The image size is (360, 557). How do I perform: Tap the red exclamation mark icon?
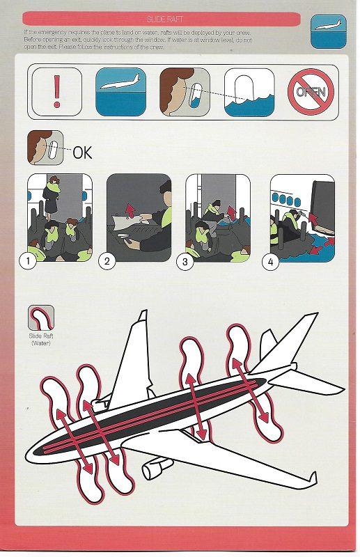click(56, 91)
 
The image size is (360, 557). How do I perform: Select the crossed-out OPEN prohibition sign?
click(311, 92)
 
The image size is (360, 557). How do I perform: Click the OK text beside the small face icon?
click(82, 152)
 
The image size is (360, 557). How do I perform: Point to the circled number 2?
click(107, 262)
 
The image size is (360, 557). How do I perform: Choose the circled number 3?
click(186, 262)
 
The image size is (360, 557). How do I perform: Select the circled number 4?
click(270, 262)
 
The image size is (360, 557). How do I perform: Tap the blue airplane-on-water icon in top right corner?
click(327, 31)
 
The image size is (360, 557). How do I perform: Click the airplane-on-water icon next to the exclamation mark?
click(120, 92)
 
